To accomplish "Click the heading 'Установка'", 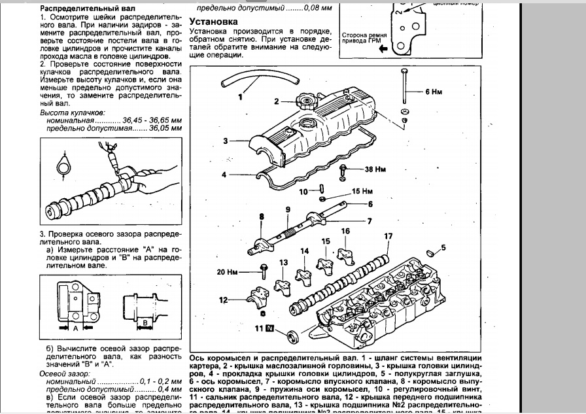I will click(214, 22).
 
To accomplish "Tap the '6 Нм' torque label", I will click(434, 92).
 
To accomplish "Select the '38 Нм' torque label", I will click(375, 169).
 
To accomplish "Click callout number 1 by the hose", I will click(239, 98).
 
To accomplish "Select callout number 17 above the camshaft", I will click(388, 236).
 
